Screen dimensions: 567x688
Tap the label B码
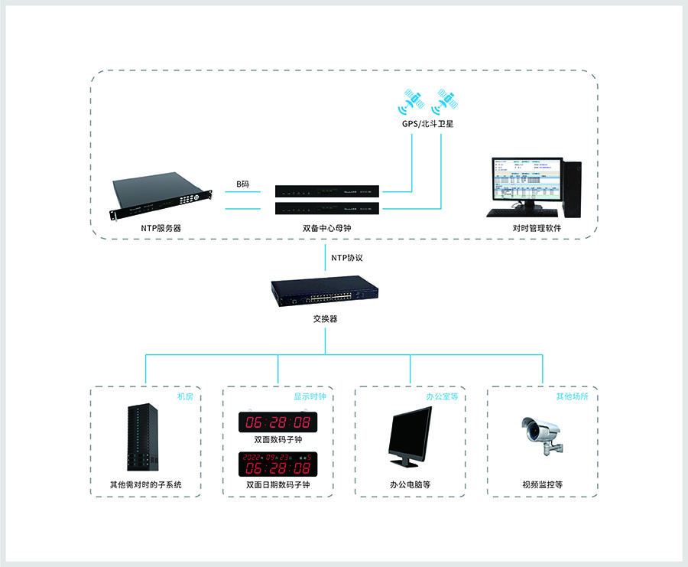click(x=242, y=184)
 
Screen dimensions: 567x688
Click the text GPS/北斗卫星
click(x=429, y=124)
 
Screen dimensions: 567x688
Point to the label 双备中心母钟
click(x=326, y=228)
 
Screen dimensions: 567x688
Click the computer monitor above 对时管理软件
click(x=524, y=187)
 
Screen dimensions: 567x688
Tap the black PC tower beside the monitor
click(x=571, y=187)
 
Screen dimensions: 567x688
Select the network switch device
click(x=324, y=294)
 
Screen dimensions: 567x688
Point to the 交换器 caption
click(x=325, y=319)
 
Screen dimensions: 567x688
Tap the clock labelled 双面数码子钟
click(x=277, y=422)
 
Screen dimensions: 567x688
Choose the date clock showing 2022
click(x=277, y=463)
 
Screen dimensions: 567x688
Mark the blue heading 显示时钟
click(x=310, y=397)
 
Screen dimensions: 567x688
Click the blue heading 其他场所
click(x=573, y=397)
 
